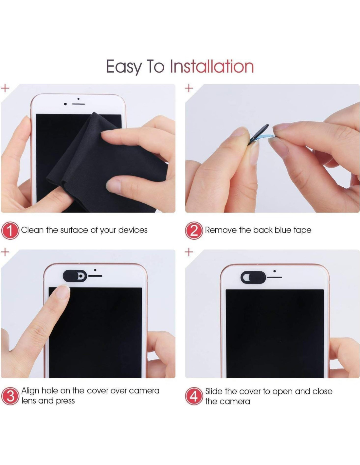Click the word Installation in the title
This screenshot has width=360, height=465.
tap(212, 66)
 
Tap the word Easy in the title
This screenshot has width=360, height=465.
tap(124, 67)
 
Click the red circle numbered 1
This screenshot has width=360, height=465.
tap(10, 231)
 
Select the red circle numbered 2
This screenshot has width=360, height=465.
tap(194, 231)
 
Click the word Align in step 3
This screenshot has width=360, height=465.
tap(30, 391)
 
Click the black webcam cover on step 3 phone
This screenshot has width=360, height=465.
tap(75, 276)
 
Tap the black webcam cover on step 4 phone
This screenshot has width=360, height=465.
tap(253, 277)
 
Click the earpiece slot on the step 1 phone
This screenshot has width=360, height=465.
tap(79, 104)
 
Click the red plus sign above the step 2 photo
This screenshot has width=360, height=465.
tap(189, 88)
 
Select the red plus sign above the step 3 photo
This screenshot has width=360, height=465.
tap(5, 252)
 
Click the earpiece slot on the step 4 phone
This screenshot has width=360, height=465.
tap(275, 277)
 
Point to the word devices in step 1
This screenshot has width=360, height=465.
tap(133, 230)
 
